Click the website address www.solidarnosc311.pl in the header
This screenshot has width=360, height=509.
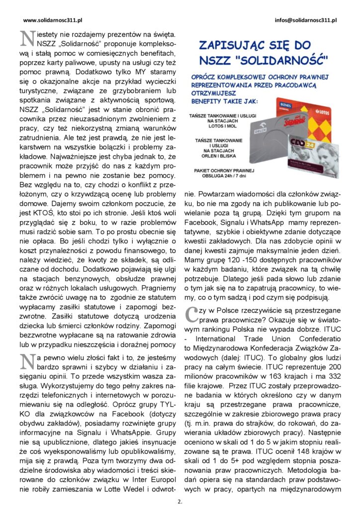click(x=53, y=20)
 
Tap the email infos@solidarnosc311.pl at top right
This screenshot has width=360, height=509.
click(x=305, y=20)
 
